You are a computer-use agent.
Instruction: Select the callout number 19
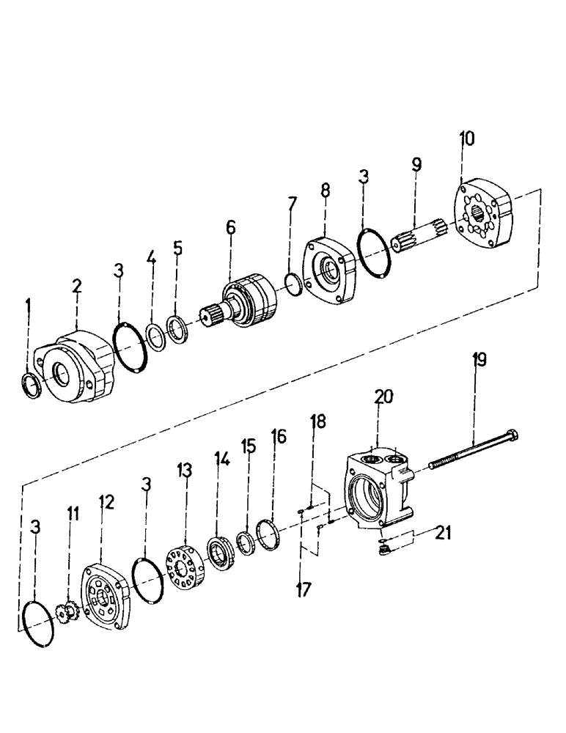coord(479,360)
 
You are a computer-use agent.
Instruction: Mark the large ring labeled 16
coord(268,529)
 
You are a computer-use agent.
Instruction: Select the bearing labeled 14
coord(219,553)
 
